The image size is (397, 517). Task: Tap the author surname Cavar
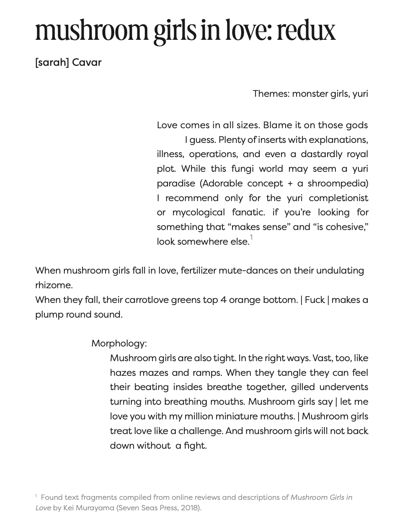point(87,62)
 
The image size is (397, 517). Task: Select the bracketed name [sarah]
point(52,62)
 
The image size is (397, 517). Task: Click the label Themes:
point(271,93)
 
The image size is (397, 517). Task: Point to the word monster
point(310,93)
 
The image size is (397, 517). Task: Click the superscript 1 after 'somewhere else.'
point(251,238)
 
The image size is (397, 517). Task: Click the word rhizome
point(53,285)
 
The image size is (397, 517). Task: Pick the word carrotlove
point(146,300)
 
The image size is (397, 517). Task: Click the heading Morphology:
point(119,344)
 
